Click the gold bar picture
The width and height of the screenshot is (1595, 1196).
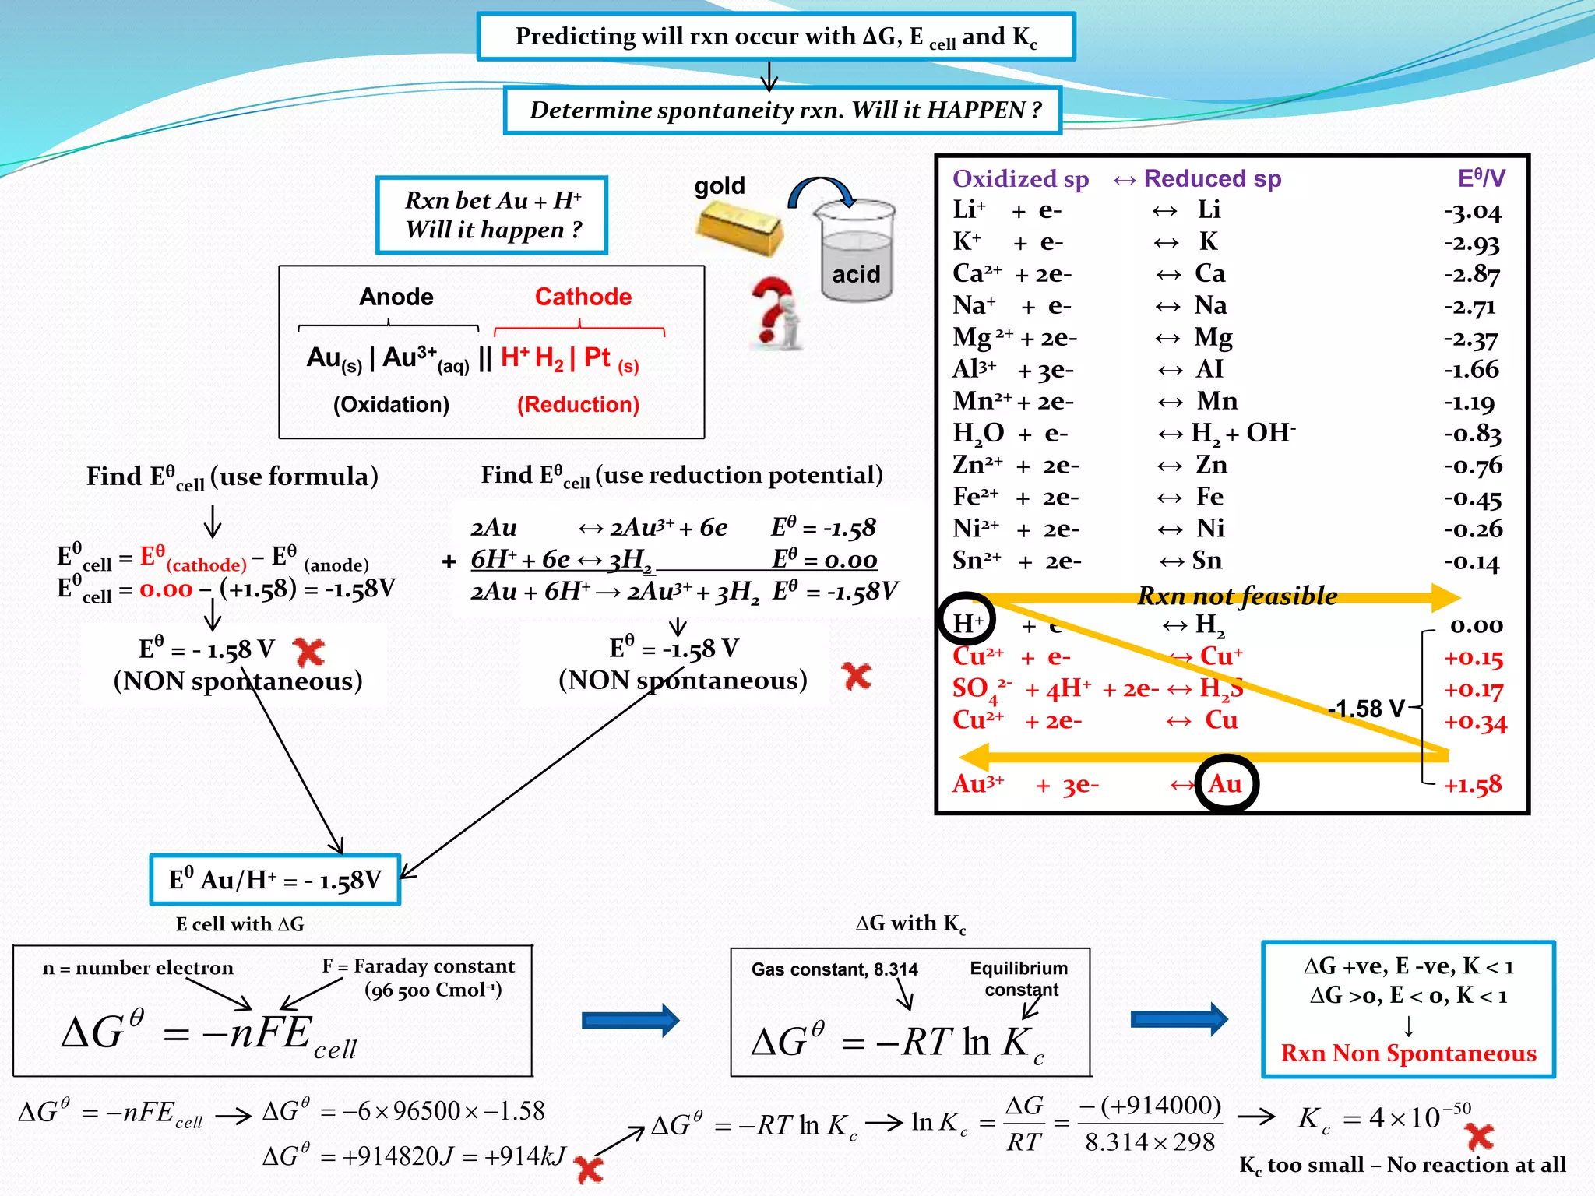coord(738,227)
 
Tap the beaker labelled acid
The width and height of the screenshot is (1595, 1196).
coord(856,253)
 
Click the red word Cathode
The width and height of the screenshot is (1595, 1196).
coord(583,297)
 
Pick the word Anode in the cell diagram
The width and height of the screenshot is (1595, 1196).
coord(396,297)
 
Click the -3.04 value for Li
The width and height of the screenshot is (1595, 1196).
coord(1472,211)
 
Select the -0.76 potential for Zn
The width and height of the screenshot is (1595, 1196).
coord(1472,466)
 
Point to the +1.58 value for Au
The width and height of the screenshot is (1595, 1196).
coord(1472,785)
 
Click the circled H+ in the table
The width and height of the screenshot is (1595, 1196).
coord(967,622)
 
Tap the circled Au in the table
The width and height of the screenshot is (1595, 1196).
coord(1226,784)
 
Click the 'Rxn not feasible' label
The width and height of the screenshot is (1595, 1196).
coord(1237,596)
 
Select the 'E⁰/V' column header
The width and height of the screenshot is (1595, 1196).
coord(1481,178)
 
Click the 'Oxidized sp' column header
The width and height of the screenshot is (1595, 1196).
coord(1020,179)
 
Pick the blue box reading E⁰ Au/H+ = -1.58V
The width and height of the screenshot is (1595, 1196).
coord(275,880)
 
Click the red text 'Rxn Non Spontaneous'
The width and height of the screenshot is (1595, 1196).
coord(1408,1053)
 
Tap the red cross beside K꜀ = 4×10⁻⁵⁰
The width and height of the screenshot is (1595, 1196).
coord(1480,1136)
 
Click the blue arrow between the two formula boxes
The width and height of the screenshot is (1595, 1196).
coord(630,1020)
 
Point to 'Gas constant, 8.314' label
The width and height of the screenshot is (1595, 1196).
coord(834,969)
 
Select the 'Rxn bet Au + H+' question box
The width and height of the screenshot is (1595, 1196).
coord(492,215)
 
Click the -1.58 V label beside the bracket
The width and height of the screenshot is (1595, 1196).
coord(1366,709)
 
